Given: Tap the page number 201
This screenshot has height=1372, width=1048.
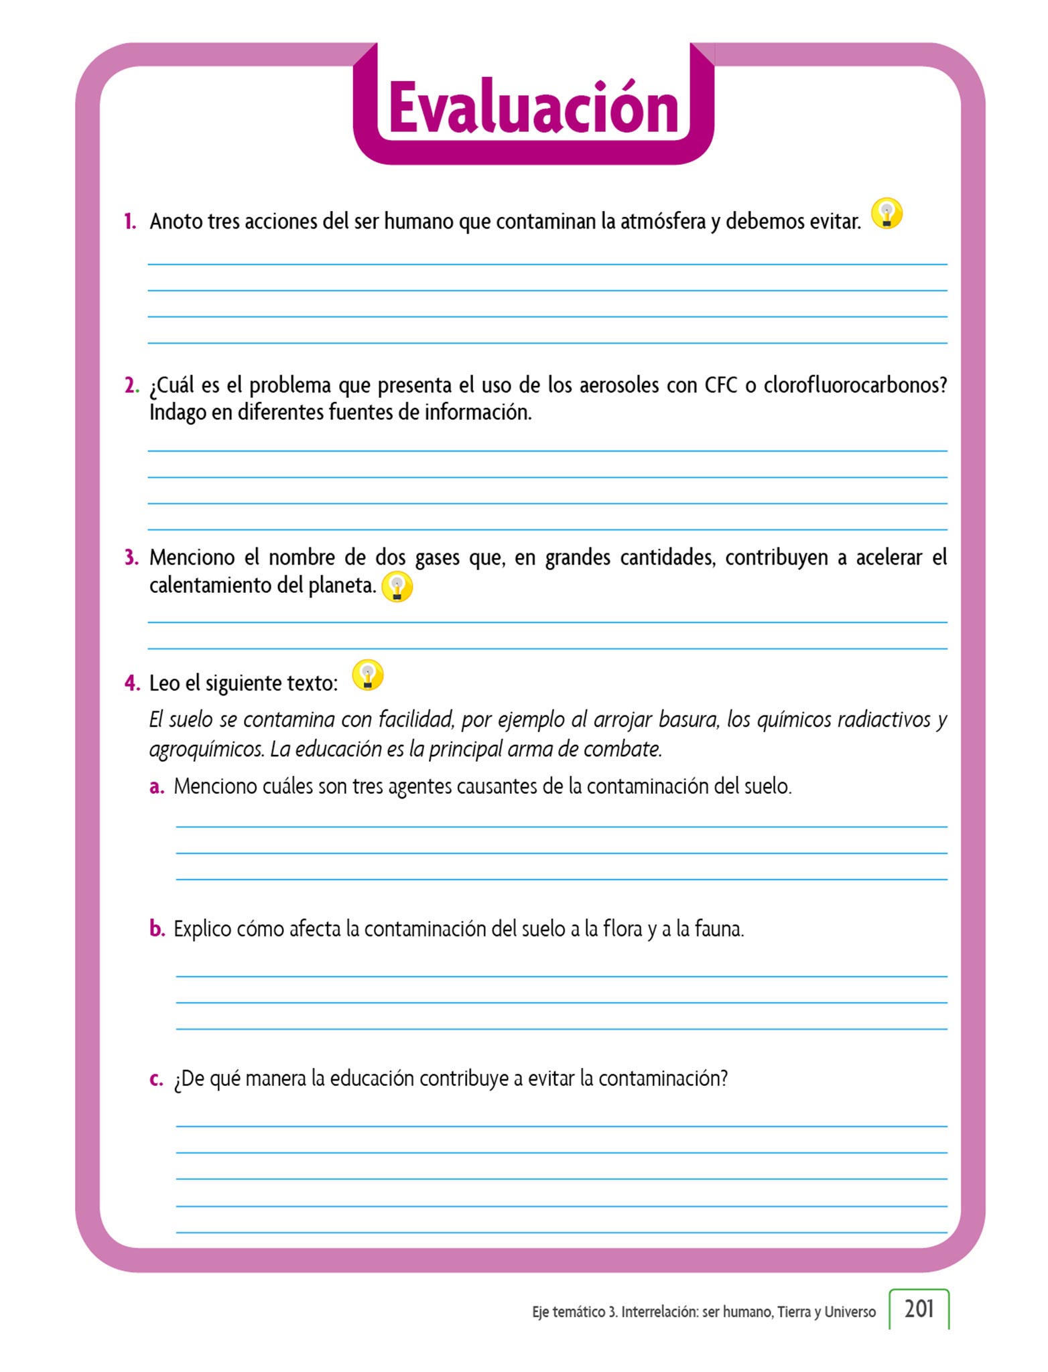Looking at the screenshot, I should coord(919,1308).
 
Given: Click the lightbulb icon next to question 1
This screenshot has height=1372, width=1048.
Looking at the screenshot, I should coord(887,214).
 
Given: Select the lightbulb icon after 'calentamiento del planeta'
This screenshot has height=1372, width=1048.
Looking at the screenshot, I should coord(397,587).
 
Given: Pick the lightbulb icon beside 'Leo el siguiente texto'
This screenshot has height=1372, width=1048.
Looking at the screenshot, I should coord(367,675).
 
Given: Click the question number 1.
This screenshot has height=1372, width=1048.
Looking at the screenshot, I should coord(130,222).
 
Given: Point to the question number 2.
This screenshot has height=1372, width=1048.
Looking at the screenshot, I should coord(131,386).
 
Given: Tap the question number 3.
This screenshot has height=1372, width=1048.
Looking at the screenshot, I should coord(131,557).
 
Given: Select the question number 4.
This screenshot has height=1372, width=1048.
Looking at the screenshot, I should coord(131,683).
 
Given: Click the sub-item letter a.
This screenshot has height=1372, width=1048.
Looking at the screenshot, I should coord(156,786).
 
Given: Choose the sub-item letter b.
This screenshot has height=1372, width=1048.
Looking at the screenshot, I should coord(157,929).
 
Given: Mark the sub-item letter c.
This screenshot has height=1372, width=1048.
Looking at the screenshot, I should coord(156,1079).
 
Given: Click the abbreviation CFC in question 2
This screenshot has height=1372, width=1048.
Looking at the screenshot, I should coord(720,386).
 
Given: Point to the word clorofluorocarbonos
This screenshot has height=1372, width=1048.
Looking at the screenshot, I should coord(855,386).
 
